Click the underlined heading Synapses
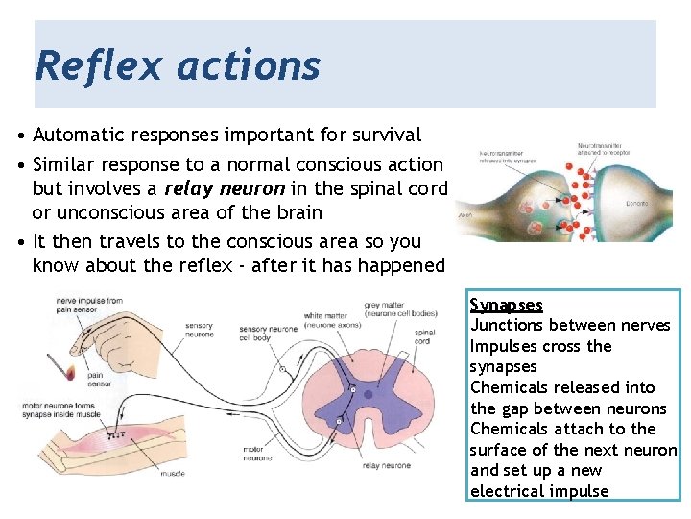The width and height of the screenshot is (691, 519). pyautogui.click(x=506, y=305)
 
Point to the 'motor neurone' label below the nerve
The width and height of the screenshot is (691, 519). pyautogui.click(x=258, y=454)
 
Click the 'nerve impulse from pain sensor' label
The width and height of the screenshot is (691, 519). pyautogui.click(x=87, y=306)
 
